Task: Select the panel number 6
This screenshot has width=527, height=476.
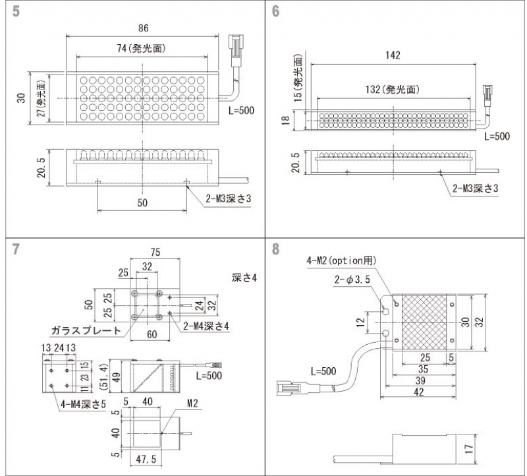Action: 275,12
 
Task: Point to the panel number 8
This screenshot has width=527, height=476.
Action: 275,250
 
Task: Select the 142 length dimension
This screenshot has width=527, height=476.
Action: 393,55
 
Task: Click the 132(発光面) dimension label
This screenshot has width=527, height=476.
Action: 393,89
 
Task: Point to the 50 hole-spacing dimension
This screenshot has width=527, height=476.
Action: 142,203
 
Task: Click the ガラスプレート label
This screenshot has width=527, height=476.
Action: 86,331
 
